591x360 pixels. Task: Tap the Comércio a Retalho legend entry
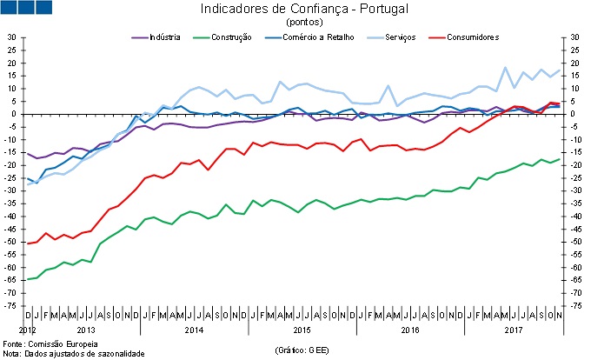coord(307,37)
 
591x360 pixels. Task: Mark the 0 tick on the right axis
coord(573,114)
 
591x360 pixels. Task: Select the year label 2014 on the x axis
coord(194,330)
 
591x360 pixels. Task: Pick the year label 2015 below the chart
coord(302,330)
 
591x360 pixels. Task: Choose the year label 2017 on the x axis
coord(515,330)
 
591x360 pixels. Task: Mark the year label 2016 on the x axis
coord(408,330)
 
